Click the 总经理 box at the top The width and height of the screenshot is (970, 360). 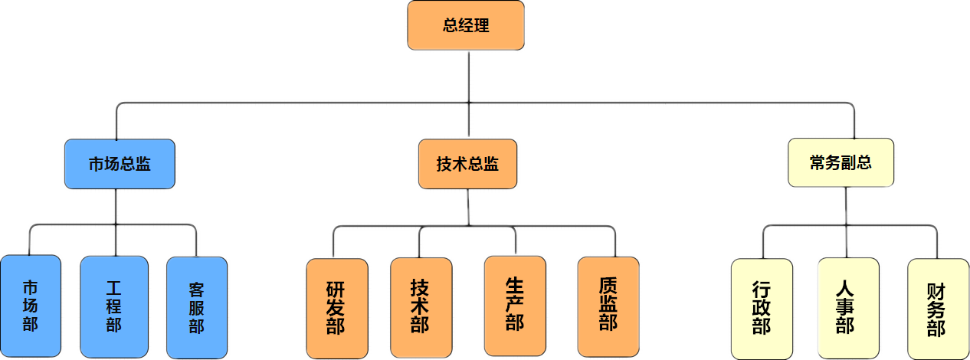pos(466,25)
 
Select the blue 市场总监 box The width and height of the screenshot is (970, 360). pos(120,164)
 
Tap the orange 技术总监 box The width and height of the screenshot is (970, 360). pos(467,164)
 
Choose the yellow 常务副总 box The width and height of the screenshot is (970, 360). pos(841,162)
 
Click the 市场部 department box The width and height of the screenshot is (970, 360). pos(30,306)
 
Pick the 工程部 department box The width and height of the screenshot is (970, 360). pos(114,306)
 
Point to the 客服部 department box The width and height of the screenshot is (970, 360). pos(196,307)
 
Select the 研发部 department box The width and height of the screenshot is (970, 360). pos(336,308)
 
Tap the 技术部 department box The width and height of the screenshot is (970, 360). pos(419,306)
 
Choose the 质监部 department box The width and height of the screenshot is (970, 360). pos(608,304)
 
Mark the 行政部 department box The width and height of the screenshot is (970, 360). pos(762,309)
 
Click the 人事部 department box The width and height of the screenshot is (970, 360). pos(845,308)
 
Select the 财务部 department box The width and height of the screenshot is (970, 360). pos(936,309)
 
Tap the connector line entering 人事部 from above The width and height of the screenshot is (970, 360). pos(846,241)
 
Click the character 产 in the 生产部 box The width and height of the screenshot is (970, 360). pos(515,303)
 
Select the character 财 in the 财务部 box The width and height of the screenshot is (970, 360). pos(936,292)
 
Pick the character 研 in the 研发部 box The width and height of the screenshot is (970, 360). pos(336,290)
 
